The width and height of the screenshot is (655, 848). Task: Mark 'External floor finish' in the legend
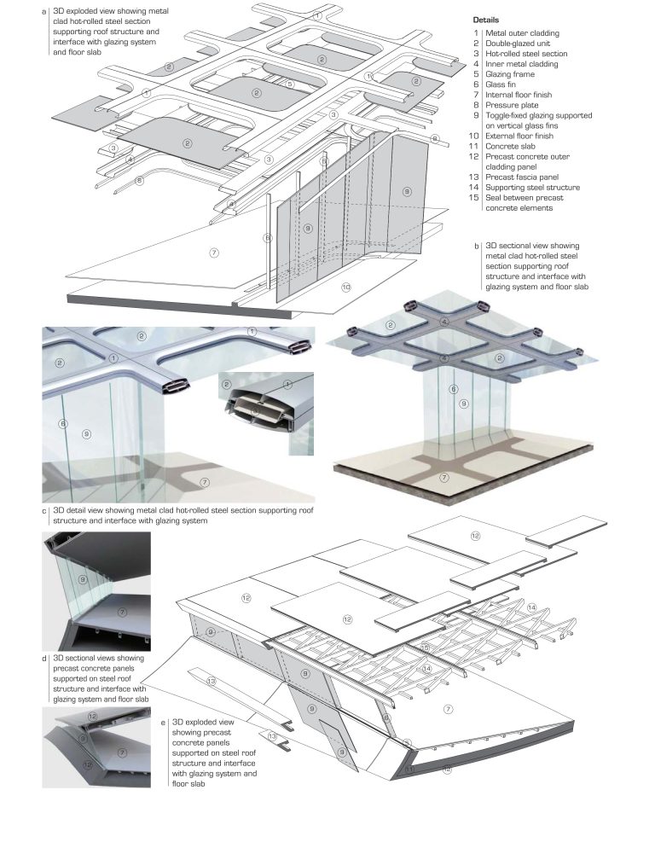coord(523,136)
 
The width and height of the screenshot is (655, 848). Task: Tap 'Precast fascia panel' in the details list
coord(523,177)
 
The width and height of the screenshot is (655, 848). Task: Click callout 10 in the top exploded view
coord(347,288)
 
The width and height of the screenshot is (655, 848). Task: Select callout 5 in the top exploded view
coord(290,84)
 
